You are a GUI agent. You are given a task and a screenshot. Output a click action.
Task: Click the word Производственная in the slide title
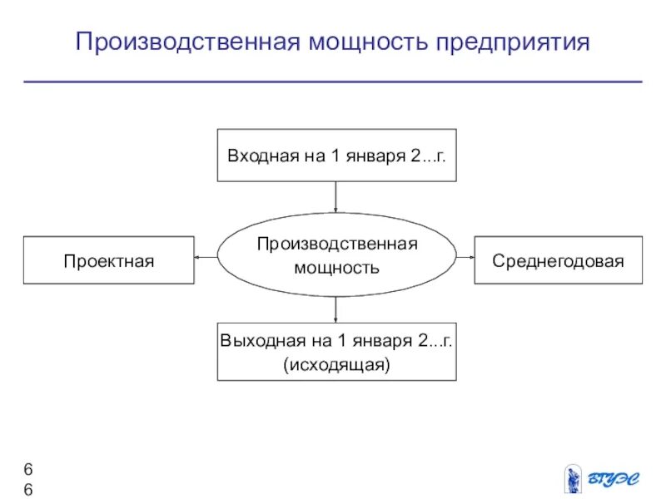185,42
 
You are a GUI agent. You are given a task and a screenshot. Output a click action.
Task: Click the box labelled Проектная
109,260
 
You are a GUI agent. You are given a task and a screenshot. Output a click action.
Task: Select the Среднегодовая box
558,260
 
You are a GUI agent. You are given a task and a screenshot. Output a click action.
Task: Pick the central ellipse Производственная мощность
336,255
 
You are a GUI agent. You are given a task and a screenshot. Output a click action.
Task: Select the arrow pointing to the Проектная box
206,258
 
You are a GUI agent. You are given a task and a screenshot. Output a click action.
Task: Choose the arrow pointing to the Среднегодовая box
465,258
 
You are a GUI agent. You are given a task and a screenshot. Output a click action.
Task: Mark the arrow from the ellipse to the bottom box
336,309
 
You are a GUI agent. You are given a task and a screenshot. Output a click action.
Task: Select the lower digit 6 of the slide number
28,489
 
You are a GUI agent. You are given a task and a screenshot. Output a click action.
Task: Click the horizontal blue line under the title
333,82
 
